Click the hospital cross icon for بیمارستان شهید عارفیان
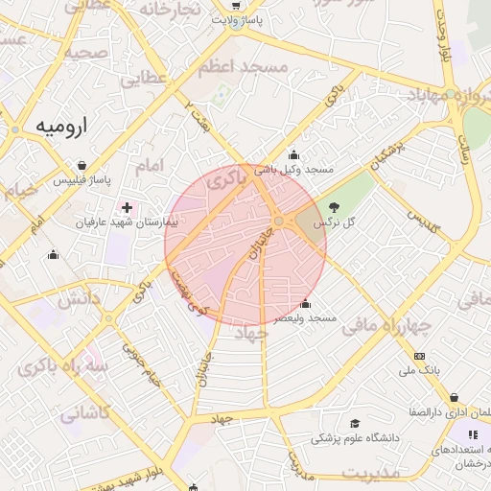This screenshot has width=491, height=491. [x=127, y=207]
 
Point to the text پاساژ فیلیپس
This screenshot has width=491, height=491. [x=82, y=179]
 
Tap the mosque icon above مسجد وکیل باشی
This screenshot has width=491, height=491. [x=293, y=155]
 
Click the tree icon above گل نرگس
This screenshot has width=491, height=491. [x=334, y=207]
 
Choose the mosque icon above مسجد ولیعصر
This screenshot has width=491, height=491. [x=305, y=304]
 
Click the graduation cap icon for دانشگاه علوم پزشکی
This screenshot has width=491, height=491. [x=355, y=423]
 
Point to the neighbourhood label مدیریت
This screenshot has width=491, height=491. [x=370, y=474]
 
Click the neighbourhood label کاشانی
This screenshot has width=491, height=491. [x=86, y=414]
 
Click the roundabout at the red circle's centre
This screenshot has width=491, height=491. [x=278, y=222]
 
